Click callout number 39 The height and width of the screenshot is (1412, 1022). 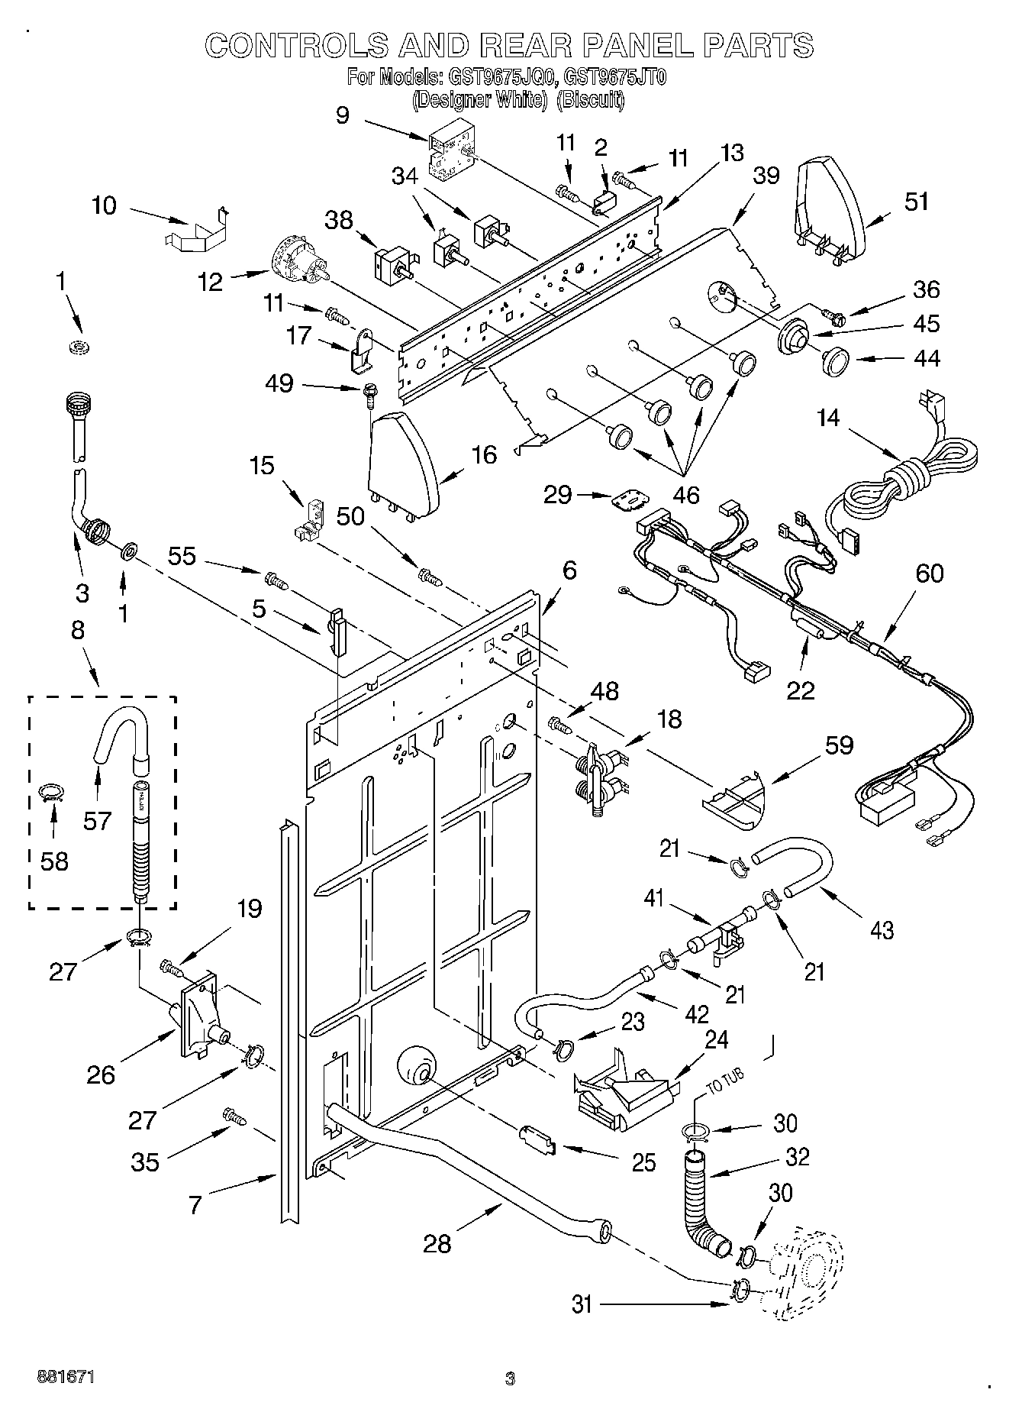tap(766, 176)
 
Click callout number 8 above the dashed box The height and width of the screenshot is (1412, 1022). tap(78, 631)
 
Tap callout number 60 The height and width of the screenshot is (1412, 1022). tap(929, 574)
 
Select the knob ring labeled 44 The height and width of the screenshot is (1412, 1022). tap(837, 361)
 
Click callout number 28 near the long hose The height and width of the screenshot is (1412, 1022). tap(437, 1244)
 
